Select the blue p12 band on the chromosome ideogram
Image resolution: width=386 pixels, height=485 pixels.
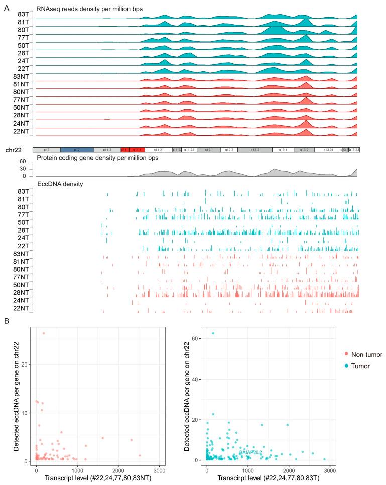tap(76, 150)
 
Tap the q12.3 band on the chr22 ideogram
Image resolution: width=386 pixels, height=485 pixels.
tap(255, 150)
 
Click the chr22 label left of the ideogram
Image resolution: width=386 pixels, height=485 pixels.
tap(13, 150)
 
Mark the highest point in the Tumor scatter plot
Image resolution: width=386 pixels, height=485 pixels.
tap(213, 333)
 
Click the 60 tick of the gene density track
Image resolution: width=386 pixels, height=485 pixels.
tap(23, 161)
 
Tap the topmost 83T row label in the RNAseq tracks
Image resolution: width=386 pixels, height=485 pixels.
tap(22, 14)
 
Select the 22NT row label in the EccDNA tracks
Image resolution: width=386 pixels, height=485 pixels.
tap(21, 308)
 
